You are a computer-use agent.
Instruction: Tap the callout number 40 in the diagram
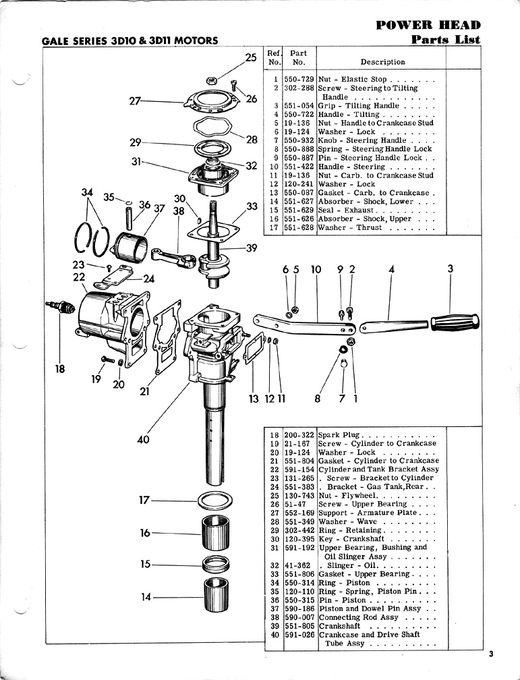143,440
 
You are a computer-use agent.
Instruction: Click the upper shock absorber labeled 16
216,533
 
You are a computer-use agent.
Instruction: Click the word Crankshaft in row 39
341,626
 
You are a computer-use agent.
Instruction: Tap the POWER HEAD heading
428,26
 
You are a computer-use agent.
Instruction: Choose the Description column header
382,62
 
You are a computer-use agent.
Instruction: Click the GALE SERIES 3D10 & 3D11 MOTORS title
130,40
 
